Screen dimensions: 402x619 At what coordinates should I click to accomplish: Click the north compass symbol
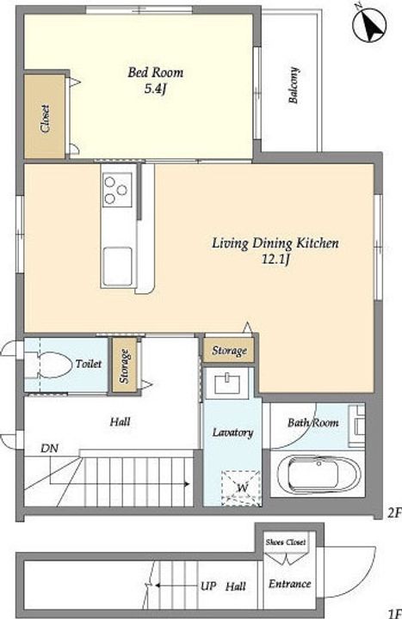point(369,25)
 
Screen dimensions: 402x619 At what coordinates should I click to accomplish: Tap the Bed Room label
point(155,72)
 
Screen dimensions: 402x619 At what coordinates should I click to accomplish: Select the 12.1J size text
point(276,260)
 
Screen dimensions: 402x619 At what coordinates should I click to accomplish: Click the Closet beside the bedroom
point(45,117)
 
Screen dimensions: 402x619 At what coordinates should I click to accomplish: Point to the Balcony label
point(294,86)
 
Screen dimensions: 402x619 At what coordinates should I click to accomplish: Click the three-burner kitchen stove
point(117,189)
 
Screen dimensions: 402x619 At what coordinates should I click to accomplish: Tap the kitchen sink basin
point(117,266)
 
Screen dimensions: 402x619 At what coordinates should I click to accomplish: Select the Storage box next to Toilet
point(124,365)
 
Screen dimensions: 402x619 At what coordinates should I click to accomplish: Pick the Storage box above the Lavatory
point(229,350)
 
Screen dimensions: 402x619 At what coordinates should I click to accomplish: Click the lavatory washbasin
point(228,383)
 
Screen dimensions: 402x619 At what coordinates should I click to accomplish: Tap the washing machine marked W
point(241,488)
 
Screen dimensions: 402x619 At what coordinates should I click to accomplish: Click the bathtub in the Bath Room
point(319,473)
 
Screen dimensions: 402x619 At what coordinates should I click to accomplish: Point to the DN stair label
point(50,449)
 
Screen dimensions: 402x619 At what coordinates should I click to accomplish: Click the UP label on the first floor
point(208,586)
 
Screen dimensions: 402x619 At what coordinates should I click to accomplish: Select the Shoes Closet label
point(286,542)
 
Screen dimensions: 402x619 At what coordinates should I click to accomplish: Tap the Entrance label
point(290,584)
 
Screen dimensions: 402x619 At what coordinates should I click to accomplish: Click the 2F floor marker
point(394,512)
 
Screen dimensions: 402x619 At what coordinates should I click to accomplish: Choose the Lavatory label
point(232,432)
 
